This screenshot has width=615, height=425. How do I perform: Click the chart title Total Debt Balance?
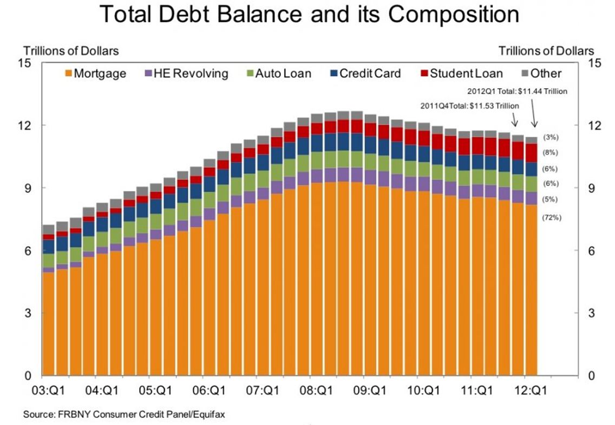309,15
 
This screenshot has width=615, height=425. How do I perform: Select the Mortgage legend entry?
95,73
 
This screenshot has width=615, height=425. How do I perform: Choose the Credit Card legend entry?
364,73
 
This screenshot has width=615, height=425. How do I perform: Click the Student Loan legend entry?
461,73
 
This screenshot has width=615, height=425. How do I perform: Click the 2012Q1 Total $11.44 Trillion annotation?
518,91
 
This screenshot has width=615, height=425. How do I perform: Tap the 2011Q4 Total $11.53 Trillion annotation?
469,105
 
